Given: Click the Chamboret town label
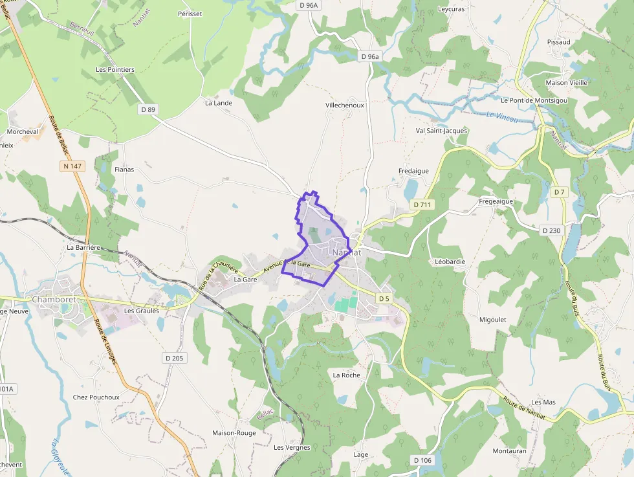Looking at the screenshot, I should point(54,300).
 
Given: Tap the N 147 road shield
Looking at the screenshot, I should point(72,166).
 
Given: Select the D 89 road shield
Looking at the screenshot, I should point(148,109).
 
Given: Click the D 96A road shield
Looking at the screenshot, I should point(309,5).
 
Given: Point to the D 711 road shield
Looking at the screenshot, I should point(422,205).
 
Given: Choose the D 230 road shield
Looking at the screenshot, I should point(551,230).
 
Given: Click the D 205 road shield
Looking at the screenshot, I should point(174,358).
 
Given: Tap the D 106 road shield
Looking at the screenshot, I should point(422,460).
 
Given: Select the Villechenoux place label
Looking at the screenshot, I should point(345,105).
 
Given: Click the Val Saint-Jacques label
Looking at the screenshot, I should point(441,131).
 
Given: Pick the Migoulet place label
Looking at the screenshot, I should point(493,320).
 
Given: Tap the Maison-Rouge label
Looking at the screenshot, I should point(234,433).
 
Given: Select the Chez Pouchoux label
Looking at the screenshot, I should point(96,397).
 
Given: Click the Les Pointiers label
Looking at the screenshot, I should point(115,70).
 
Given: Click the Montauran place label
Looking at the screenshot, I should point(509,450).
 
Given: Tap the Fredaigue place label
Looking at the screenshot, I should point(413,171).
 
